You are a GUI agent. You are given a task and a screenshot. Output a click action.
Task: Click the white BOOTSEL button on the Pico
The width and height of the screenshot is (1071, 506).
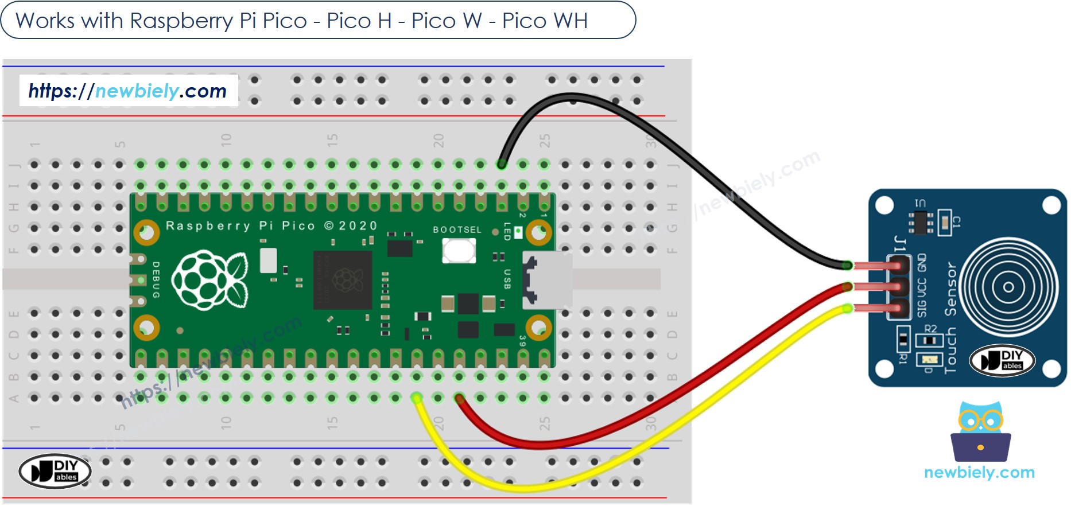(x=459, y=251)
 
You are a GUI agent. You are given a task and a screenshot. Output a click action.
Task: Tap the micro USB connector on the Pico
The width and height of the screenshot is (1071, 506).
(x=548, y=280)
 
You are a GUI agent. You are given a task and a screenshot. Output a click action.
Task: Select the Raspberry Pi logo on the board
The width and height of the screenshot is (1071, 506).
(x=210, y=280)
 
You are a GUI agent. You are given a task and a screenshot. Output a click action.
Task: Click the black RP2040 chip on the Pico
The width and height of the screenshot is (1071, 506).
(x=343, y=280)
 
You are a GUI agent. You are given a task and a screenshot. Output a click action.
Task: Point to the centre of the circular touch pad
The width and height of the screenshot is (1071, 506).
(x=1008, y=287)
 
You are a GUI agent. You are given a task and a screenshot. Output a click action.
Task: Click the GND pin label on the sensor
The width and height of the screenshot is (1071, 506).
(x=922, y=263)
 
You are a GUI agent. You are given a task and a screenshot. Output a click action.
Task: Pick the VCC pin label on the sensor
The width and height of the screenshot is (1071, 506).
(x=922, y=286)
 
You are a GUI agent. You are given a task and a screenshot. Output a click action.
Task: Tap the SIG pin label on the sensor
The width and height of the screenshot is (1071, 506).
(x=922, y=308)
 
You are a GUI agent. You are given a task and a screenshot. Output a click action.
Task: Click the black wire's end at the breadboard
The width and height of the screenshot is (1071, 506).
(x=502, y=165)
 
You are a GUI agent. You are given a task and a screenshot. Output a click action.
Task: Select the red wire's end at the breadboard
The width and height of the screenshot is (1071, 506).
(x=459, y=398)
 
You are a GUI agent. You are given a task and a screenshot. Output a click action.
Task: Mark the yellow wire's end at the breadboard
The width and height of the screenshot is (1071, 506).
(x=417, y=398)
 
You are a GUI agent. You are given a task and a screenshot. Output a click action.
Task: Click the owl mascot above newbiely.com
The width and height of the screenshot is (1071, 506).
(x=980, y=432)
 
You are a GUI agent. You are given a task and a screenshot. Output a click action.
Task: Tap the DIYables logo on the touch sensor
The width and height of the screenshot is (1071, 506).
(x=1002, y=360)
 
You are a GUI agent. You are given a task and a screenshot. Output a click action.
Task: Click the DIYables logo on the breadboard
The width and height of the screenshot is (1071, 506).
(x=55, y=471)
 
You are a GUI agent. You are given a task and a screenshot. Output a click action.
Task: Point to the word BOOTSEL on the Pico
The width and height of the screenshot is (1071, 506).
(x=457, y=229)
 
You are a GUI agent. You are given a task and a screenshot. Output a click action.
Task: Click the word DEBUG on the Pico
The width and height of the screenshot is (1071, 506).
(x=156, y=280)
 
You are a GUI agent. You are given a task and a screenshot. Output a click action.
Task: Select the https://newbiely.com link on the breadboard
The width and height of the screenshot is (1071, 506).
(x=127, y=91)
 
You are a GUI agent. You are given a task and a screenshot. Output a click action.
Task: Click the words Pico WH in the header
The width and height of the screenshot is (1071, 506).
(x=545, y=21)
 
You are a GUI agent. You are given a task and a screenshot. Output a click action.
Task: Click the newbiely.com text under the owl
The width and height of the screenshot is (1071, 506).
(x=979, y=473)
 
